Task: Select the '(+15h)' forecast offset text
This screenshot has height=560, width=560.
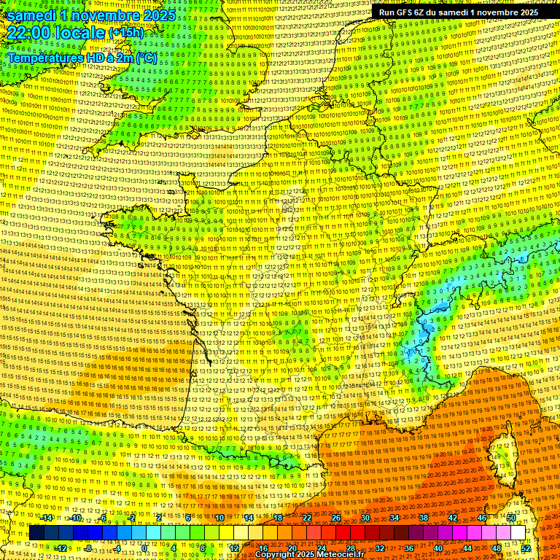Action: (x=126, y=33)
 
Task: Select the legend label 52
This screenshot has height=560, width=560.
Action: (x=526, y=548)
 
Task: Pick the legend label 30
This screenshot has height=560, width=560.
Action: (x=365, y=518)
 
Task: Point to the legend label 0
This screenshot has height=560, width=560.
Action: (x=144, y=548)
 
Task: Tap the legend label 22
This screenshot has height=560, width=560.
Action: (x=307, y=518)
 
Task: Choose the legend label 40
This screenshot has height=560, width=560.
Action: (x=438, y=548)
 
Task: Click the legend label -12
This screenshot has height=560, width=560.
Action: (x=61, y=548)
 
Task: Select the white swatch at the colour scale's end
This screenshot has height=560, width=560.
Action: (x=518, y=533)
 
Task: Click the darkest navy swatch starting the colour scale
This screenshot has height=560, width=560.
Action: (x=36, y=533)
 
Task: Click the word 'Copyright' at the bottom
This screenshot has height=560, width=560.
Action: (x=276, y=555)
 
